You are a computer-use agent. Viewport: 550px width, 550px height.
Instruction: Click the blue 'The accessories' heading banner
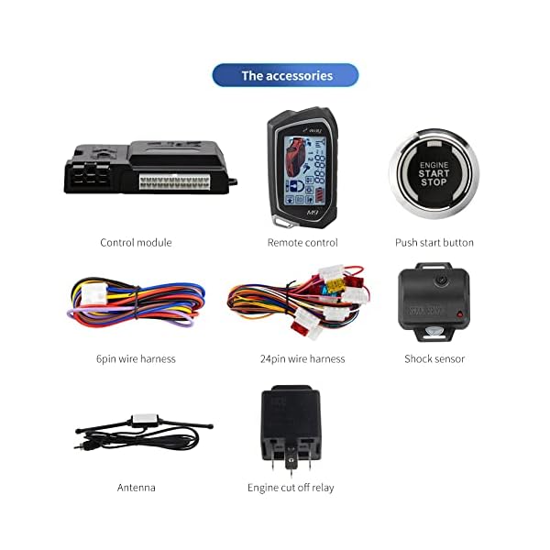[x=286, y=75]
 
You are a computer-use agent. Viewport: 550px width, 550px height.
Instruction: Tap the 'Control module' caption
[x=136, y=242]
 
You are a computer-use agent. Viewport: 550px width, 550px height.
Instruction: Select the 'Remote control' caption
[x=302, y=242]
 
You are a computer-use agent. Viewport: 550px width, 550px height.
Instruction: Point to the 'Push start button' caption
[x=434, y=242]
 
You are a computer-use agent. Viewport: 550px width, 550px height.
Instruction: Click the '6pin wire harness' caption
[x=137, y=358]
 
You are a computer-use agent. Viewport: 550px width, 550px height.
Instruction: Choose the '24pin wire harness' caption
[x=302, y=358]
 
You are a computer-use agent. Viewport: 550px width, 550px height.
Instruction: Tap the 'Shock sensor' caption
[x=434, y=358]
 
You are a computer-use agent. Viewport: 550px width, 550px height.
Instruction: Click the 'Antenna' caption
[x=136, y=488]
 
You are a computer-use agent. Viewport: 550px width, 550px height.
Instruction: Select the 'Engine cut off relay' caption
[x=291, y=488]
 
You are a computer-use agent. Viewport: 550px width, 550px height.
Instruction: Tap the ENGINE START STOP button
[x=434, y=173]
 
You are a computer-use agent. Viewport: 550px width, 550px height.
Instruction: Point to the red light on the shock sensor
[x=460, y=314]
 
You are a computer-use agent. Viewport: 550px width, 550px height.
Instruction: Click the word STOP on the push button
[x=434, y=181]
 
